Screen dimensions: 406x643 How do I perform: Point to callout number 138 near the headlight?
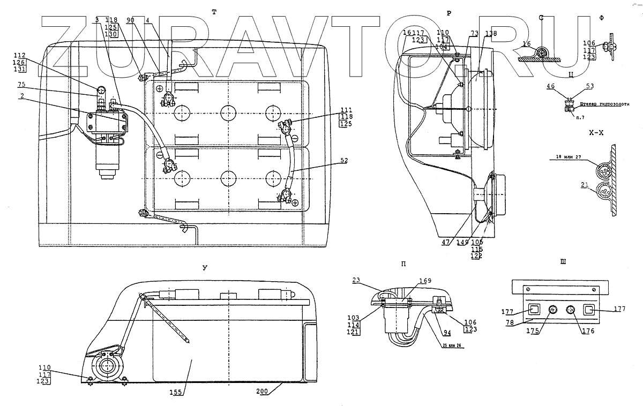click(489, 34)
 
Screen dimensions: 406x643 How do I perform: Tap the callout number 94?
click(446, 332)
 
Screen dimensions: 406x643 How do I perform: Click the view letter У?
click(205, 267)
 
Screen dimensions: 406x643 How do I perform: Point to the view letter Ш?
click(562, 262)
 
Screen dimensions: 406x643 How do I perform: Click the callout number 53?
click(590, 86)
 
